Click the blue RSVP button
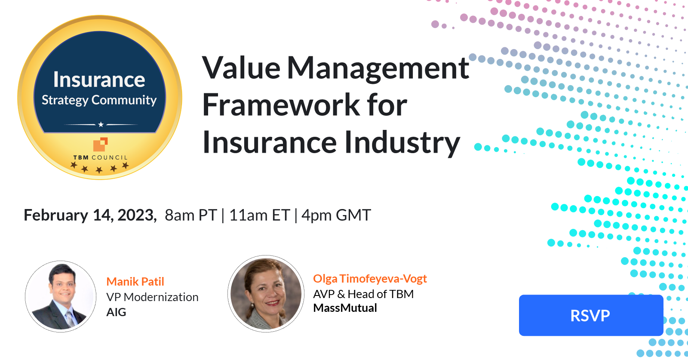point(590,315)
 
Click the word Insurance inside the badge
point(99,80)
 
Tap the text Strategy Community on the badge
point(99,100)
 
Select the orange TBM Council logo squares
point(100,144)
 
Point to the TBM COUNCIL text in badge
point(101,157)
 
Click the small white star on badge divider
point(101,125)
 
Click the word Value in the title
point(241,68)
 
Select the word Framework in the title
point(281,105)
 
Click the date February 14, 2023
point(90,215)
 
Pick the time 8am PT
point(190,215)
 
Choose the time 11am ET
point(259,215)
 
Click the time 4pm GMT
point(336,215)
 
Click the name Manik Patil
point(135,282)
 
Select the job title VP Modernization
point(152,297)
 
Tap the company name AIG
point(116,312)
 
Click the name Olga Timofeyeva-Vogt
point(370,279)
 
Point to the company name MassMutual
point(345,308)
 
